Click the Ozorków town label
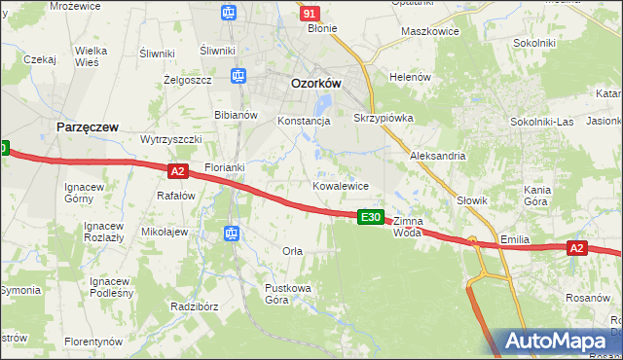[316, 85]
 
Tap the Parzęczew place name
[88, 127]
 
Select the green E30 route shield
[370, 217]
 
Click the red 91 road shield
[310, 14]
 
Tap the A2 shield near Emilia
[576, 249]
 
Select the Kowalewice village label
[340, 185]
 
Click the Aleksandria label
[438, 156]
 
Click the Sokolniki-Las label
[542, 122]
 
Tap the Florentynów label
[93, 342]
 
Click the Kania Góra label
[538, 196]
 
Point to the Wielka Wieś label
[91, 55]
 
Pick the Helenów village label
[410, 77]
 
